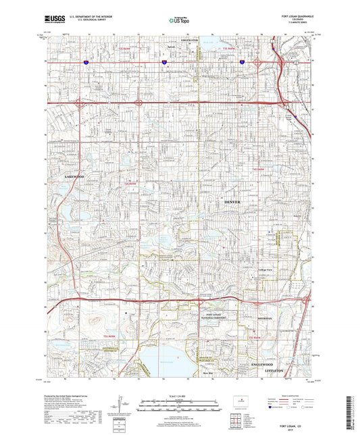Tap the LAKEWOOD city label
coord(74,176)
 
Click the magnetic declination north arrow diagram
coord(121,405)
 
